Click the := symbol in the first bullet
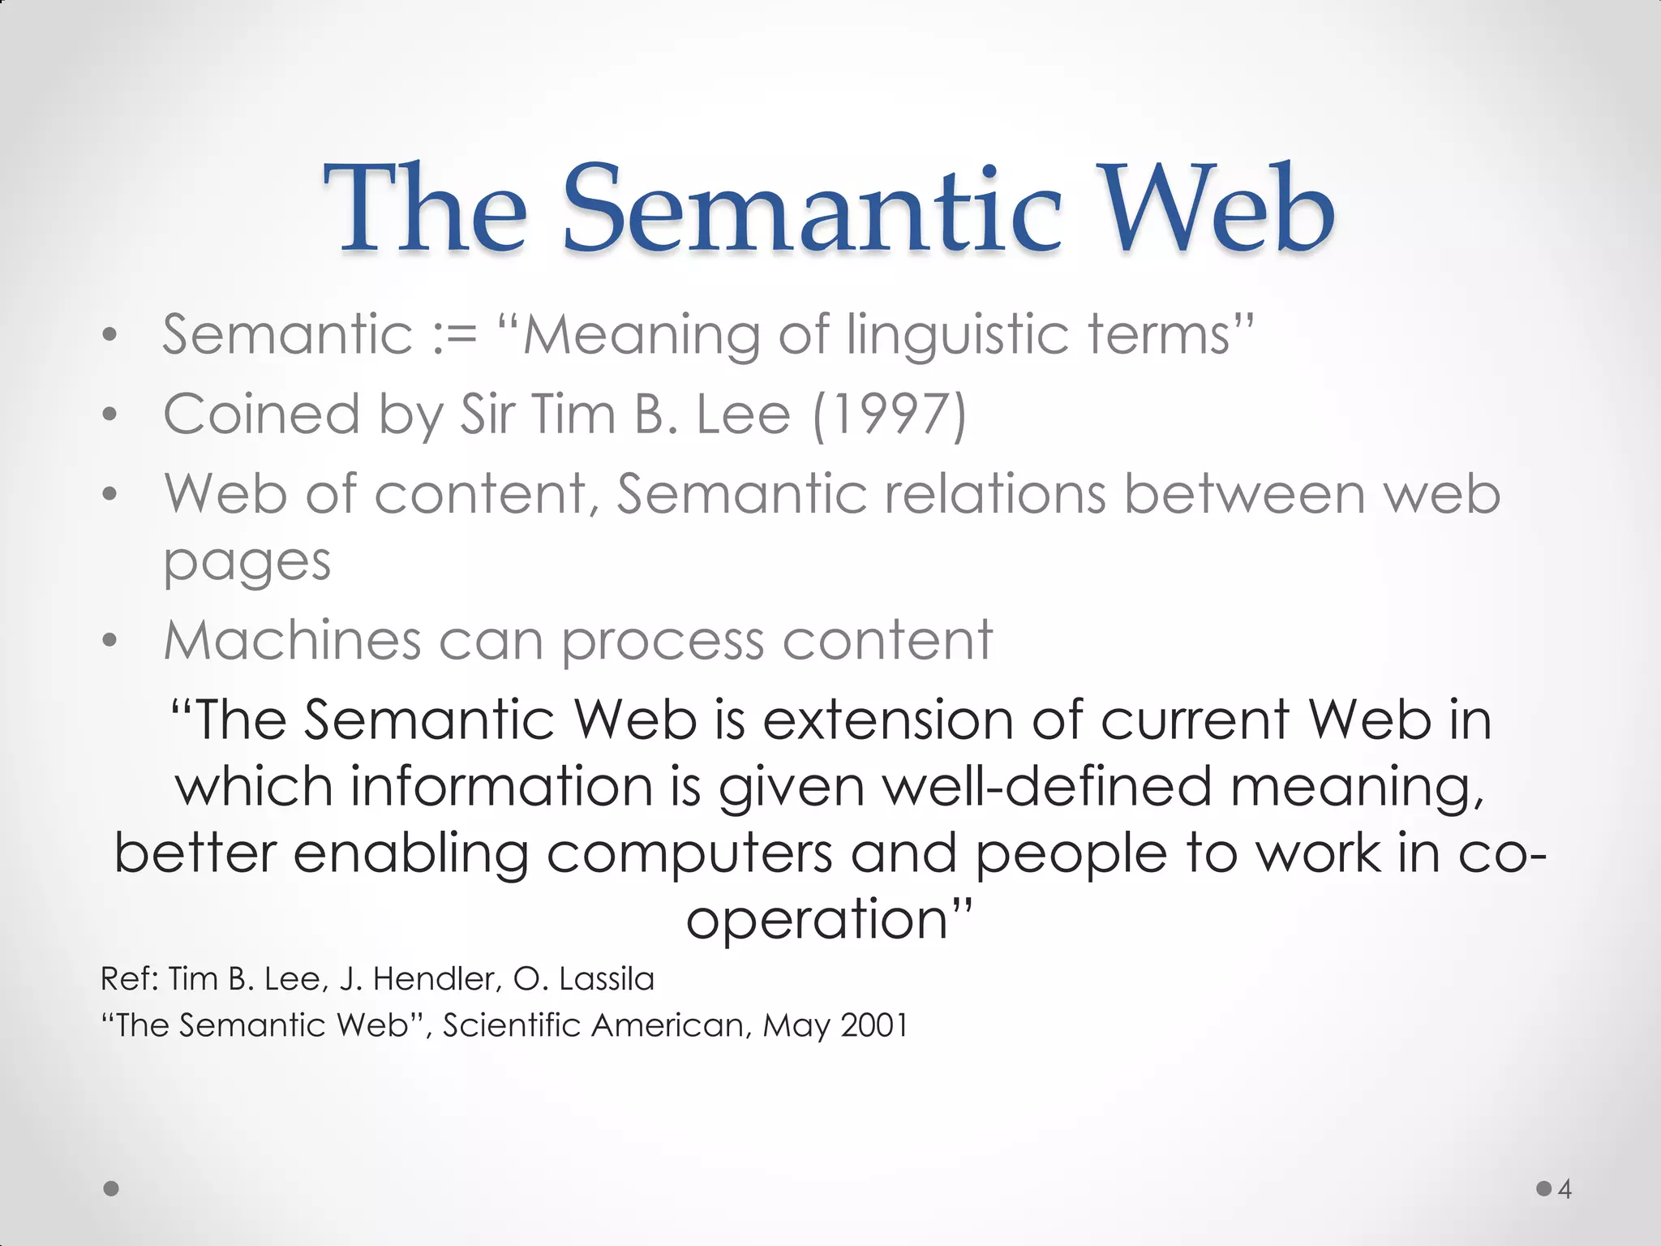[x=455, y=334]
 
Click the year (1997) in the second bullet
[x=890, y=415]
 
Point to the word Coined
[x=261, y=415]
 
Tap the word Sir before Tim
[x=487, y=414]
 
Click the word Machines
[x=292, y=640]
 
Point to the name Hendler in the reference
[x=435, y=979]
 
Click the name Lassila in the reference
[x=606, y=979]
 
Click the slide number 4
[x=1564, y=1189]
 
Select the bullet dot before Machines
[x=110, y=642]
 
